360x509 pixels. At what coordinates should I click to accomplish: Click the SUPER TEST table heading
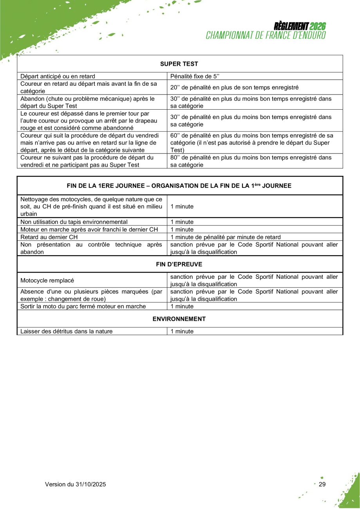tap(179, 63)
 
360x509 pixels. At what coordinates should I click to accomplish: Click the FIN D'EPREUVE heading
tap(179, 264)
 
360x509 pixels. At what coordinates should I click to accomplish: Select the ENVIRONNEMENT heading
tap(179, 319)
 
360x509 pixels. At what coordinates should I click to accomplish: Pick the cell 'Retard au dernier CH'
tap(49, 236)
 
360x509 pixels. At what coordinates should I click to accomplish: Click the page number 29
tap(322, 484)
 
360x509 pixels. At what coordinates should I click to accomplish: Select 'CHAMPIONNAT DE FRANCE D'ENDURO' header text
tap(266, 35)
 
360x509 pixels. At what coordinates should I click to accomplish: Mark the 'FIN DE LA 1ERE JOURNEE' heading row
tap(179, 186)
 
